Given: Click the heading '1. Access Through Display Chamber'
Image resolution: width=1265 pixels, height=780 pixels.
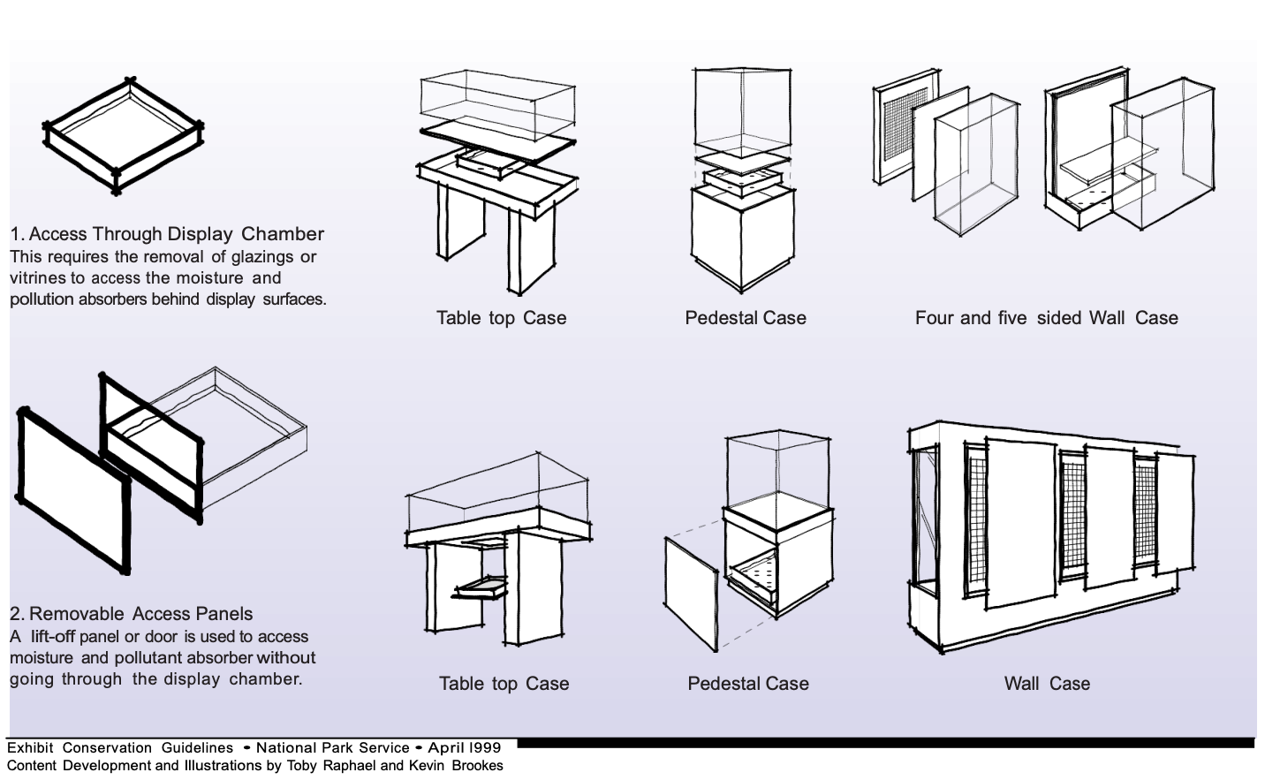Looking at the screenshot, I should (x=167, y=234).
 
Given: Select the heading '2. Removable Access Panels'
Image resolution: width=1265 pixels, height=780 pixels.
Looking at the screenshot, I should (x=131, y=614).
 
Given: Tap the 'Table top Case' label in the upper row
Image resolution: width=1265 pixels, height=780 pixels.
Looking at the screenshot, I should (x=501, y=318).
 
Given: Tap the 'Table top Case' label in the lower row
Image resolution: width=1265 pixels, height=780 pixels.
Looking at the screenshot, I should (x=504, y=684).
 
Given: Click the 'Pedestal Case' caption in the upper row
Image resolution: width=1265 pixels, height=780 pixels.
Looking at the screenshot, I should (x=746, y=318).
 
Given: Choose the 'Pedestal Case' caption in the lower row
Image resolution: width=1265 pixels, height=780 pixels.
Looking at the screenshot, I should (x=748, y=684).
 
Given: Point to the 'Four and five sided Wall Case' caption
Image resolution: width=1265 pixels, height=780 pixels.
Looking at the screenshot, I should (x=1046, y=318).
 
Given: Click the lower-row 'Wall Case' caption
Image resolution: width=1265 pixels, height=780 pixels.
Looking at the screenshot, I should (x=1047, y=684).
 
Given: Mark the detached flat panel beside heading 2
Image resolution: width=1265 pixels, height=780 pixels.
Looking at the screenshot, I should (x=72, y=490).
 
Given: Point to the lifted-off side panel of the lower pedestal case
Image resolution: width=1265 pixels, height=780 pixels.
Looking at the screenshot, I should (x=691, y=594).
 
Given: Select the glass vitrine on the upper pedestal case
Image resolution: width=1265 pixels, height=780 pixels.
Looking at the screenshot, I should (x=740, y=110).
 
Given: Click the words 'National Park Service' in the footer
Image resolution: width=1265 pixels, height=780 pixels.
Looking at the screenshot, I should (x=333, y=747).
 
